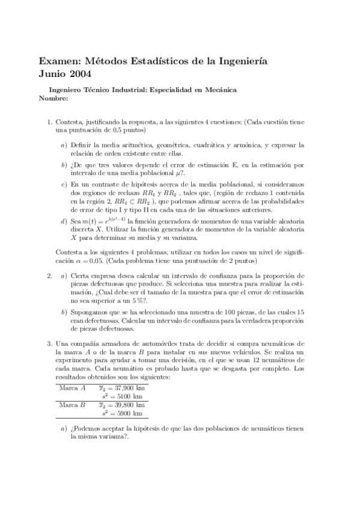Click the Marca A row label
(x=73, y=387)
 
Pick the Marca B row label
(x=73, y=405)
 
